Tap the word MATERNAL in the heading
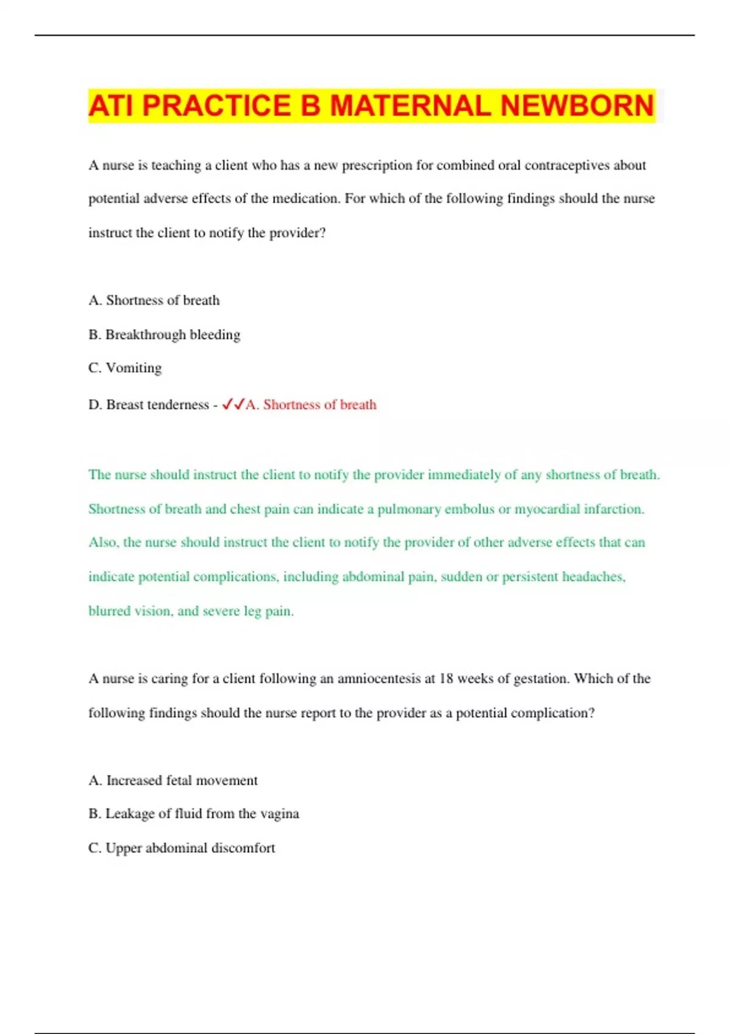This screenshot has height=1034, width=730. point(410,106)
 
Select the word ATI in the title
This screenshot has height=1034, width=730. point(113,106)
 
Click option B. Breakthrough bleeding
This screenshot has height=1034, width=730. point(164,335)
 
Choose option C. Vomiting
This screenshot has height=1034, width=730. point(125,368)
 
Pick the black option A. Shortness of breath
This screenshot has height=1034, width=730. point(154,300)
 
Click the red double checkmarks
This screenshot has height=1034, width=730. point(233,404)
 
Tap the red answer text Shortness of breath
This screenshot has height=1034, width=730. point(319,404)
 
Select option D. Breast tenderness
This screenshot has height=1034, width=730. point(148,404)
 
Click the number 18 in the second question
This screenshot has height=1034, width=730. point(446,679)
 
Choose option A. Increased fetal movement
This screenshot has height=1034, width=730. point(173,780)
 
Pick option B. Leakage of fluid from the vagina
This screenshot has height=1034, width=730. point(193,814)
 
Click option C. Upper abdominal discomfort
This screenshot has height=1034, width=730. point(181,848)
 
